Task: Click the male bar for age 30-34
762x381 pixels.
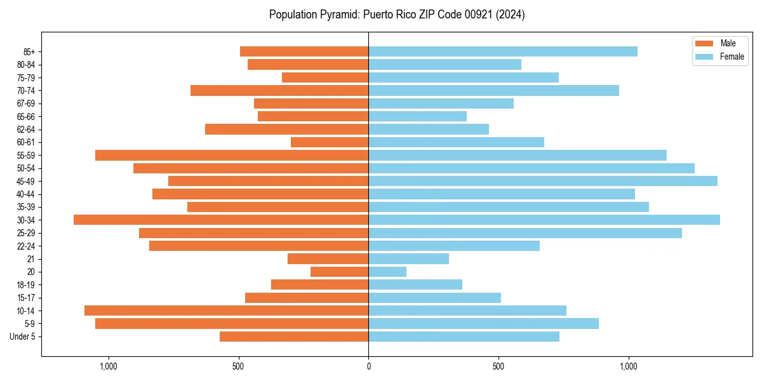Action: click(221, 220)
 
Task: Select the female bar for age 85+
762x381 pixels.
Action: click(503, 51)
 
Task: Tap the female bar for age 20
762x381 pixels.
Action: click(387, 272)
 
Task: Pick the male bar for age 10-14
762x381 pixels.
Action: click(226, 311)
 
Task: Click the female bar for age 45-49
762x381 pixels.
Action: click(543, 181)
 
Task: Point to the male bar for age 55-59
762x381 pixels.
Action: click(232, 155)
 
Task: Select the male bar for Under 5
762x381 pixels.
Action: click(294, 337)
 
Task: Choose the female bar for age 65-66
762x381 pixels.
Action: click(417, 116)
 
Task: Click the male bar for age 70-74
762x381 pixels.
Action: click(279, 90)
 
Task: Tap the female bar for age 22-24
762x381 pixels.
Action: click(454, 246)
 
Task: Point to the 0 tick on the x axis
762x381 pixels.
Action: click(368, 366)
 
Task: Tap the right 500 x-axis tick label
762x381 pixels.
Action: click(498, 366)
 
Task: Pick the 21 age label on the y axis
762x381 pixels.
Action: click(31, 259)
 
